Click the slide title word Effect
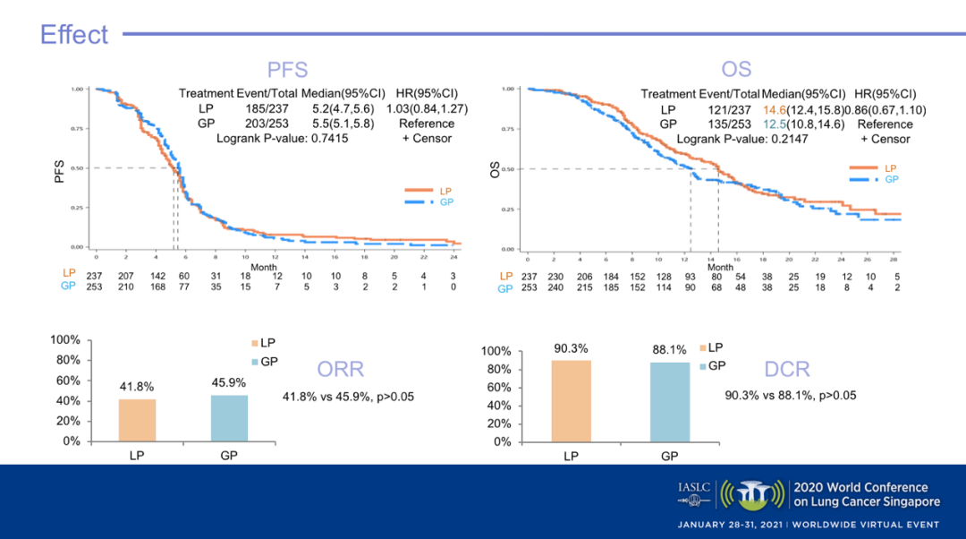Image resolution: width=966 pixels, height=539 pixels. point(74,35)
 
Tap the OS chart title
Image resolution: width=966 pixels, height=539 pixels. point(736,70)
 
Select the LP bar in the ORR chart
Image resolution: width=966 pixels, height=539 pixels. point(137,420)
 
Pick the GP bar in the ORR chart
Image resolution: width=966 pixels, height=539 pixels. point(228,418)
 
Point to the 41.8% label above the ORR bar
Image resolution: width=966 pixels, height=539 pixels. point(137,388)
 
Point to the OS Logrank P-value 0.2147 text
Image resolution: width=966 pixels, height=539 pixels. point(741,140)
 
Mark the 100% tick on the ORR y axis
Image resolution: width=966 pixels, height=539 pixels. point(65,341)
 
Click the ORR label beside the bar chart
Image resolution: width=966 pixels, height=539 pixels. point(341,370)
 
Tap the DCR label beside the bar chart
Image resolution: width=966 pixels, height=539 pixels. point(787,369)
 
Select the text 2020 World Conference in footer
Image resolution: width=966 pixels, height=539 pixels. point(860,488)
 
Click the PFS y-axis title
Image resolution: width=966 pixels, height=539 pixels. point(60,170)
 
